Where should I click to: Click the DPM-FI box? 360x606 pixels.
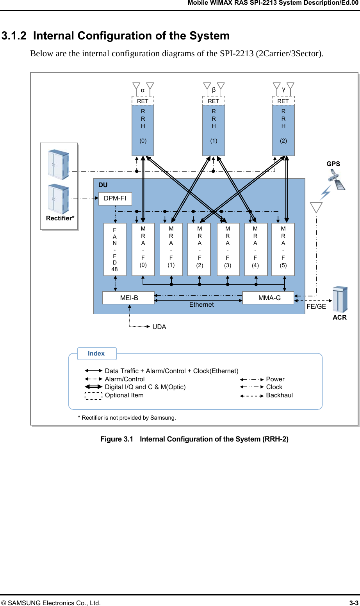(115, 198)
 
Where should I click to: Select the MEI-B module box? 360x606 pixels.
(129, 298)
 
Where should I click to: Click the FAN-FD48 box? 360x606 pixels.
(115, 249)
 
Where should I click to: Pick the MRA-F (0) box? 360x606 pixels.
(143, 249)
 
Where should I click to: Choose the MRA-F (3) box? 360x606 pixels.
(228, 249)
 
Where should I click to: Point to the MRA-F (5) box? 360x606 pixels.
(283, 249)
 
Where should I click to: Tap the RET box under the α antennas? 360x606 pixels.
(143, 101)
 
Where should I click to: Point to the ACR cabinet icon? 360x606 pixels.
(339, 300)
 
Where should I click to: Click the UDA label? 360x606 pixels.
(159, 327)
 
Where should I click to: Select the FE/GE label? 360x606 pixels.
(316, 307)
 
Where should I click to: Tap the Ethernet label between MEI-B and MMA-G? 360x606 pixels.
(201, 305)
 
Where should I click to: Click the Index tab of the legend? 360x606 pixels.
(97, 353)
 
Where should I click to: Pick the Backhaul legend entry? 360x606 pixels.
(279, 395)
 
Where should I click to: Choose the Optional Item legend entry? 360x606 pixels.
(124, 395)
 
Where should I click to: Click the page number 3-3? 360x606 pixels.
(354, 603)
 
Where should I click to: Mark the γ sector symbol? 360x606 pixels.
(284, 89)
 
